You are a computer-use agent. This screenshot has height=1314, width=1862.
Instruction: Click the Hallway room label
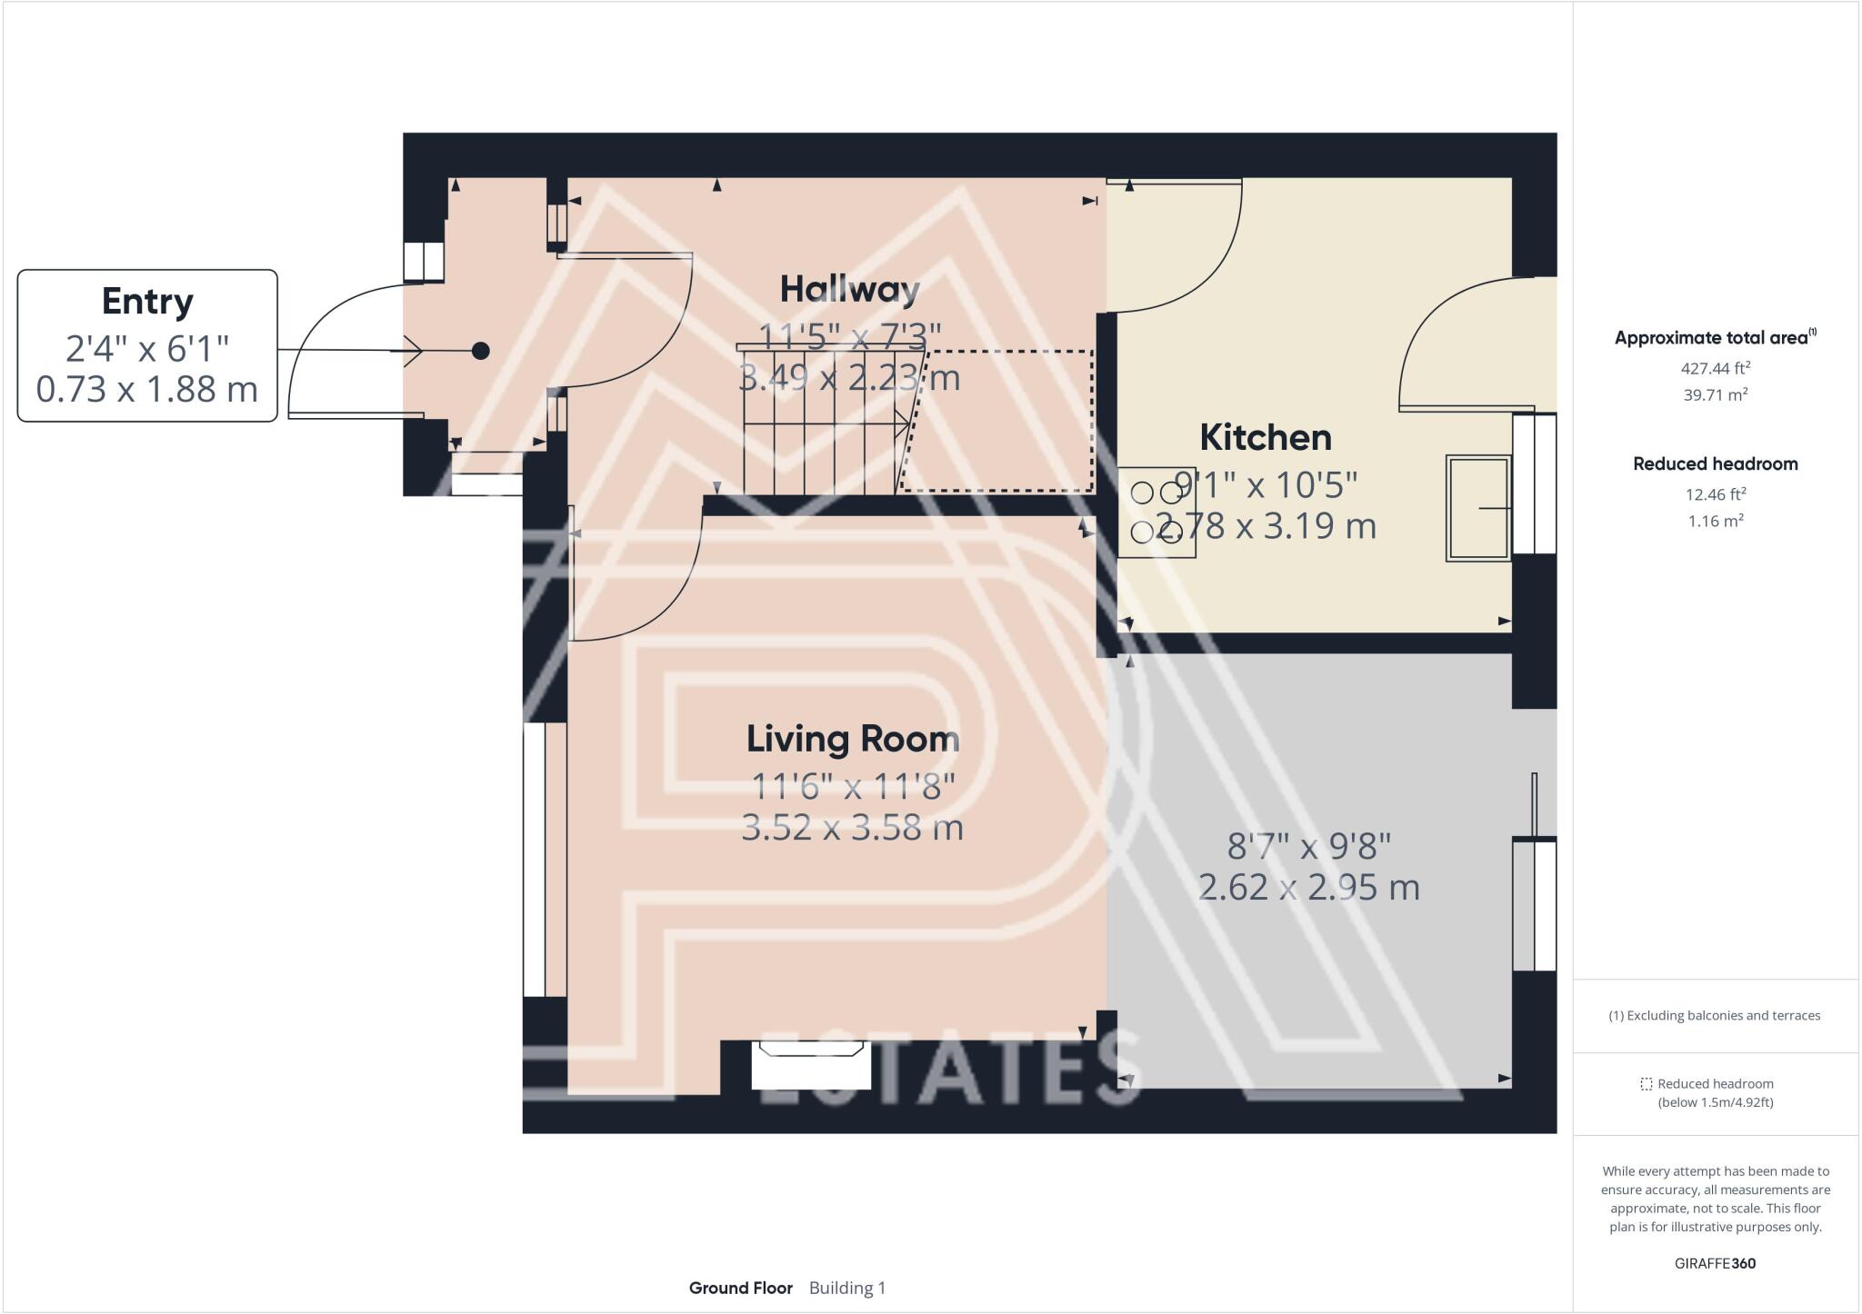coord(850,290)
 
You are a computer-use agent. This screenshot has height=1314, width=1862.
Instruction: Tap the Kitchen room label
coord(1265,438)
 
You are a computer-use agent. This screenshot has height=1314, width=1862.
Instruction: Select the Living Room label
coord(853,739)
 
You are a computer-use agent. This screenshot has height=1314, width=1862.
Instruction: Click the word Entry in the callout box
coord(147,302)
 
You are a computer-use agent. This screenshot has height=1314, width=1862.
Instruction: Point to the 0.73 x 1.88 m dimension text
coord(147,389)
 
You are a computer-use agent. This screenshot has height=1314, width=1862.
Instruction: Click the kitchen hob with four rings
coord(1156,512)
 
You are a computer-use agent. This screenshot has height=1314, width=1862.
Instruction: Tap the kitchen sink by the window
coord(1477,508)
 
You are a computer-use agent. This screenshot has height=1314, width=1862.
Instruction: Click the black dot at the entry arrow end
coord(481,351)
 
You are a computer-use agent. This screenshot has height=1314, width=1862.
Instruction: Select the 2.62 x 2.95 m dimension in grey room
coord(1308,887)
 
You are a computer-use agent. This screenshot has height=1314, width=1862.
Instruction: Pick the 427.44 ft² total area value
coord(1715,368)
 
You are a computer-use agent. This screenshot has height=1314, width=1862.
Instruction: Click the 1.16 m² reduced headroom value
coord(1715,521)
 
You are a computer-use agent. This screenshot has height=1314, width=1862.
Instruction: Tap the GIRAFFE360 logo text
coord(1715,1263)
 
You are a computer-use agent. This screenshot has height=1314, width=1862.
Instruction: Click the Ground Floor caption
coord(740,1288)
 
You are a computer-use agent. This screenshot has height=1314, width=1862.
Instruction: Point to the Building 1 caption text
coord(846,1288)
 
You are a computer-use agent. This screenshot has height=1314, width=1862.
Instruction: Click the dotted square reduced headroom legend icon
coord(1646,1084)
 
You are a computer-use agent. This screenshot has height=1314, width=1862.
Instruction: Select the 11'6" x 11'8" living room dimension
coord(853,786)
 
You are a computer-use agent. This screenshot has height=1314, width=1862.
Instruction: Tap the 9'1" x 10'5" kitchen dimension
coord(1265,485)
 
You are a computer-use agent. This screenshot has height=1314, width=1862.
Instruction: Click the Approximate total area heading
coord(1710,338)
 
